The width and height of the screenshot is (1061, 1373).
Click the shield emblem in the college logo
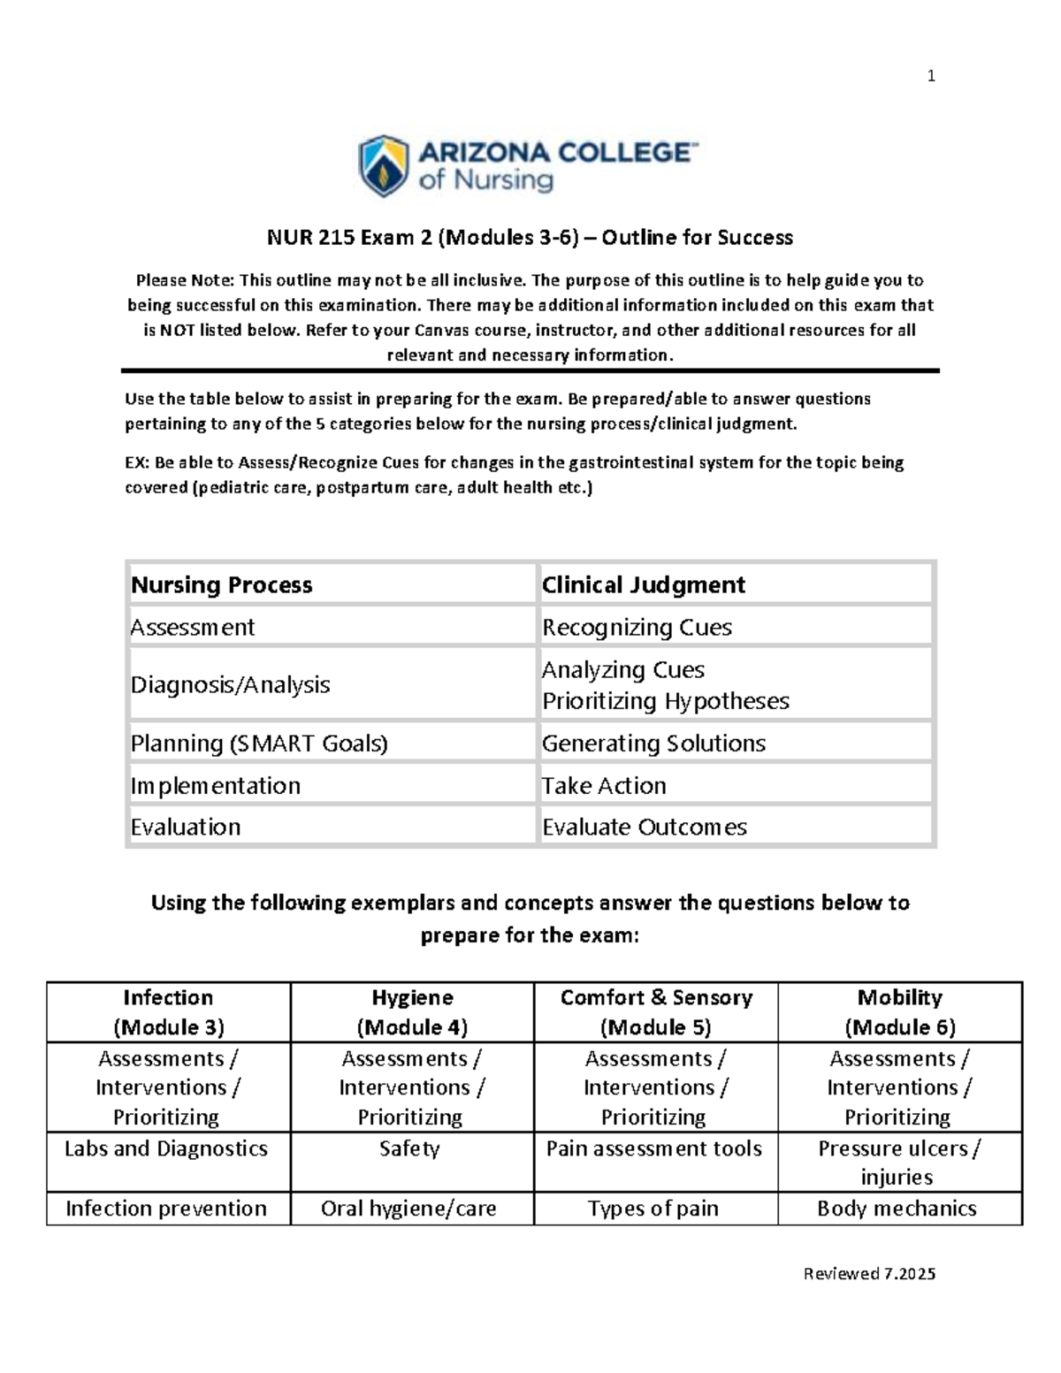click(383, 166)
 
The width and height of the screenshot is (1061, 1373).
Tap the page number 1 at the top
click(930, 77)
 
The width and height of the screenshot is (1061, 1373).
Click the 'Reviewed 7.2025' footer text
click(869, 1274)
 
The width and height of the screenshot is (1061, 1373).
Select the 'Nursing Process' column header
click(222, 585)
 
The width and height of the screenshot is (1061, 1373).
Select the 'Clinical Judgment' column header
click(643, 585)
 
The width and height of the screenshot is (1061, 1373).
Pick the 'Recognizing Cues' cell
click(637, 628)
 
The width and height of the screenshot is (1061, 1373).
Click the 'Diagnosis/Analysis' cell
click(230, 685)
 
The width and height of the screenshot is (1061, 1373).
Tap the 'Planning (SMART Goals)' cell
click(259, 744)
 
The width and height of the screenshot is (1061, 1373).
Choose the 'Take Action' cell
click(604, 786)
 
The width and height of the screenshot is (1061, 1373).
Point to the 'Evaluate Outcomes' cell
click(644, 828)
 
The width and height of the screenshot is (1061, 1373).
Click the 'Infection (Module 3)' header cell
click(168, 1012)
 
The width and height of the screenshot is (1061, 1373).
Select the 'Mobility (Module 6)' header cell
click(900, 1012)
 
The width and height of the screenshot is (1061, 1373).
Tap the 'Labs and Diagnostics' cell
click(166, 1148)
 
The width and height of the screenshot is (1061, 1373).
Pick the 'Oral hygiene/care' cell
click(408, 1209)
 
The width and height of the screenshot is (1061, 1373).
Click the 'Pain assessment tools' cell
click(654, 1148)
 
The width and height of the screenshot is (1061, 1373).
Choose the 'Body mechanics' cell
click(897, 1209)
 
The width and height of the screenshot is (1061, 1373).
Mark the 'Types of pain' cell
click(653, 1209)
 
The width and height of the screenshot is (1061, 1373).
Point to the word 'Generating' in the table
click(593, 744)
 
